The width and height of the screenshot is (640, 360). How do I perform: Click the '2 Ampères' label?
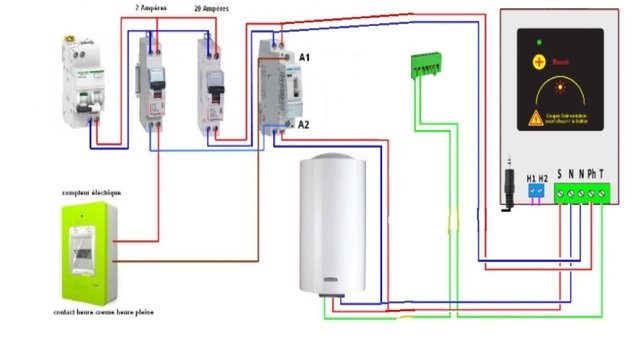[150, 8]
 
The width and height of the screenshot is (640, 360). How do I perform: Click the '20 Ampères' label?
[210, 8]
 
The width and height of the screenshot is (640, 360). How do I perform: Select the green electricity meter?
[86, 251]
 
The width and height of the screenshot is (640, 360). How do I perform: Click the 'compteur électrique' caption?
[91, 192]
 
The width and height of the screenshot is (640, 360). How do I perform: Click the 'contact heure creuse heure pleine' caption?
[103, 313]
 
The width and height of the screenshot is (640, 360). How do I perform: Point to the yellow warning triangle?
[533, 117]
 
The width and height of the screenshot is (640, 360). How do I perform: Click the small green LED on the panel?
[540, 42]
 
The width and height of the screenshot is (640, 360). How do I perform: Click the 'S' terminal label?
[559, 173]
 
